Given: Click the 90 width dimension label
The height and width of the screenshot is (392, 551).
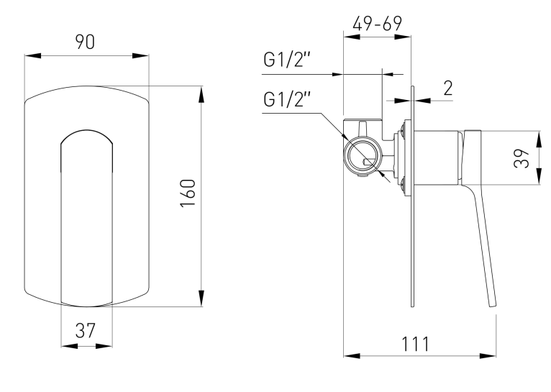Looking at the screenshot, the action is pos(85,42).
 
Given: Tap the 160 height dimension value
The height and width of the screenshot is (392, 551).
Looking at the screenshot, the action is pos(188,193).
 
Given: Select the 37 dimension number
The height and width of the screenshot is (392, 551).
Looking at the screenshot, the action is pos(86,331).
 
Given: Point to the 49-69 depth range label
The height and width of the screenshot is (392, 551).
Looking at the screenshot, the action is pos(378,24).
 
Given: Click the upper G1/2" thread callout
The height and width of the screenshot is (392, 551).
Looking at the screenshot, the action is pos(287,60).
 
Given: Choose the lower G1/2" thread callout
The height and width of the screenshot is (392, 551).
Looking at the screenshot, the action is pos(287,99).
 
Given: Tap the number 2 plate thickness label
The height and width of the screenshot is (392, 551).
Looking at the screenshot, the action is pos(448,88).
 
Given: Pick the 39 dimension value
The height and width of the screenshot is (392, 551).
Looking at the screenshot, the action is pos(522,158).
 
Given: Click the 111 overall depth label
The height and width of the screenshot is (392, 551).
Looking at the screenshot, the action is pos(415,344).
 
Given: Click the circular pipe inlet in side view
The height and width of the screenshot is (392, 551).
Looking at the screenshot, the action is pos(363,156).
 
